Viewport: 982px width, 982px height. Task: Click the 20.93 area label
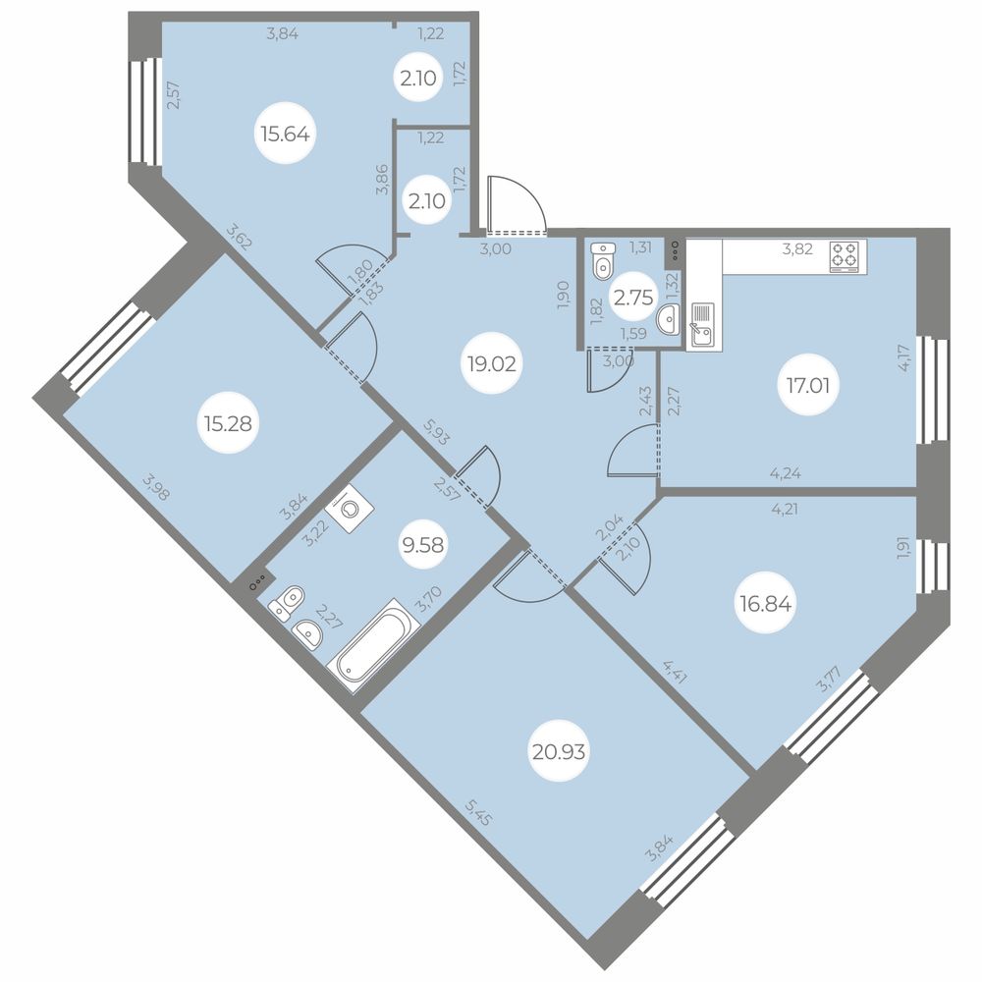coord(559,751)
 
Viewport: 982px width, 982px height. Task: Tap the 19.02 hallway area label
coord(492,363)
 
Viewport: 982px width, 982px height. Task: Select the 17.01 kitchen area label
coord(808,385)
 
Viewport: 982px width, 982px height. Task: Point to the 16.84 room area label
coord(765,604)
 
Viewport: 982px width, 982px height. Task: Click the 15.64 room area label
coord(286,134)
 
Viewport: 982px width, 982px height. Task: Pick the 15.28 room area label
coord(228,424)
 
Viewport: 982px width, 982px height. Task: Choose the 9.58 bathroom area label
coord(423,545)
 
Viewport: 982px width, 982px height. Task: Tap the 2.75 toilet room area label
coord(633,298)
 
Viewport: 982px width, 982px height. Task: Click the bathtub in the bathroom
coord(374,646)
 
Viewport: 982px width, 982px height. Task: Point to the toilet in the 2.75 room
coord(603,261)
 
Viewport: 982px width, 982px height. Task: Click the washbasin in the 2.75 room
coord(668,320)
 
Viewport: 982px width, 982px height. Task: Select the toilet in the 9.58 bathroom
coord(286,603)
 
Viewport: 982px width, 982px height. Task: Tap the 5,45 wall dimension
coord(479,810)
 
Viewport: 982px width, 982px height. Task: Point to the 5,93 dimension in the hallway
coord(437,431)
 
